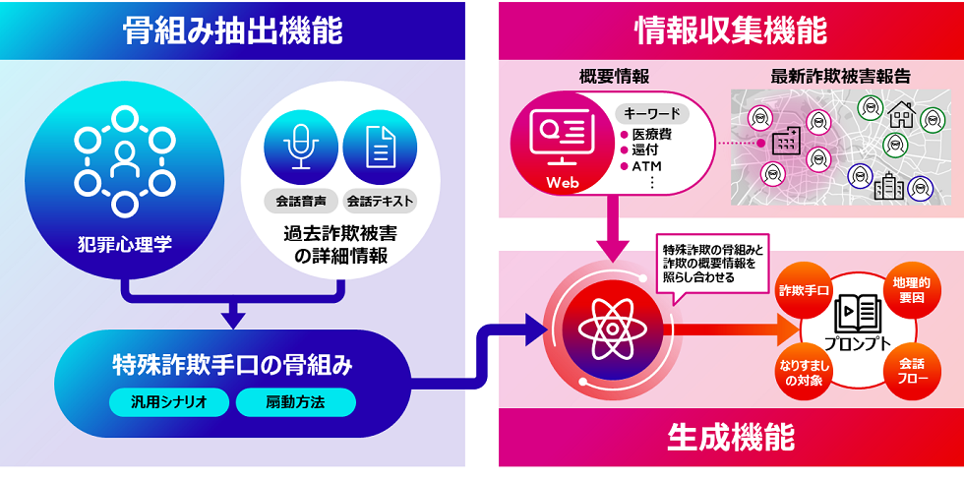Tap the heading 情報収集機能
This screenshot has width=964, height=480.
731,31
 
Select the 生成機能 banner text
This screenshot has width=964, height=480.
730,438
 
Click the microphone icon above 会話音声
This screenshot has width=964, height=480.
301,148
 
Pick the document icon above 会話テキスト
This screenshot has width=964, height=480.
380,148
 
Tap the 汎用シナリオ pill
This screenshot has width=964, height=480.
168,402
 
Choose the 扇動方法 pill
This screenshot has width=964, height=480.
296,402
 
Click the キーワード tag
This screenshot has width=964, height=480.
651,114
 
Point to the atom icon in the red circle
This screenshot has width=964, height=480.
612,330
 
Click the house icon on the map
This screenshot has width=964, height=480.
900,114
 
